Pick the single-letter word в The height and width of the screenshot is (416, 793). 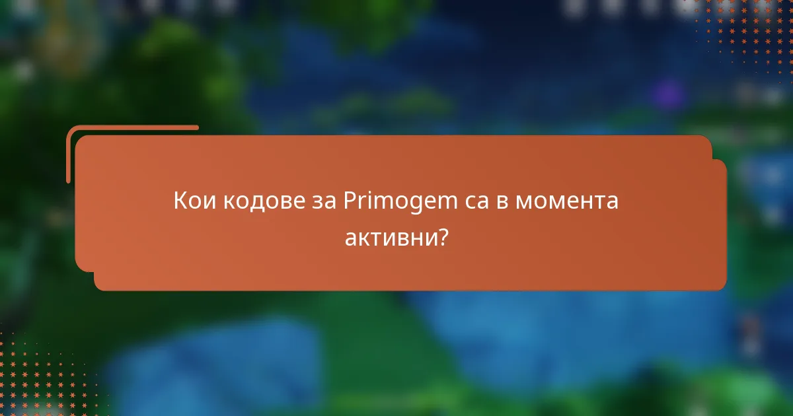502,201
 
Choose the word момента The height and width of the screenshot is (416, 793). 566,201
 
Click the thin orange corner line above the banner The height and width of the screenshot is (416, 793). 132,128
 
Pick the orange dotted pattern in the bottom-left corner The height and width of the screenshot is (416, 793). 40,376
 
